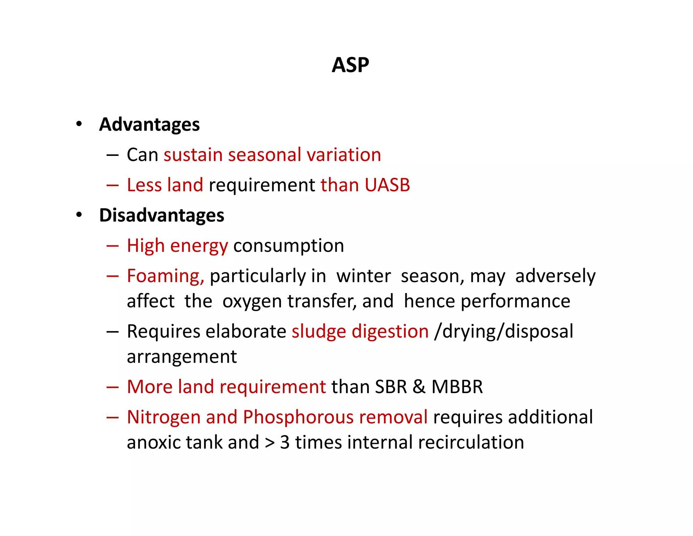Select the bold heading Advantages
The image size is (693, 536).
[x=149, y=124]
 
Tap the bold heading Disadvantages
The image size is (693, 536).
[x=162, y=215]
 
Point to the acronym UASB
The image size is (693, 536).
[x=387, y=185]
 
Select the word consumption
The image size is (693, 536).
[x=289, y=246]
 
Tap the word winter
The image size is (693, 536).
[x=364, y=276]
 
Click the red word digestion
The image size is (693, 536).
[x=390, y=331]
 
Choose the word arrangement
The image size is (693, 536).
[x=182, y=357]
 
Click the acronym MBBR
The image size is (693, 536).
[x=457, y=387]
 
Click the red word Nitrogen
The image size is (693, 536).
[x=164, y=417]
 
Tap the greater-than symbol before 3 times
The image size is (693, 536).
[x=270, y=443]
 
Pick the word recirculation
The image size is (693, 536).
[x=471, y=442]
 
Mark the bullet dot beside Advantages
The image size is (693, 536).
[x=79, y=124]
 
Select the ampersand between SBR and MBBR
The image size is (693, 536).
[x=419, y=387]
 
